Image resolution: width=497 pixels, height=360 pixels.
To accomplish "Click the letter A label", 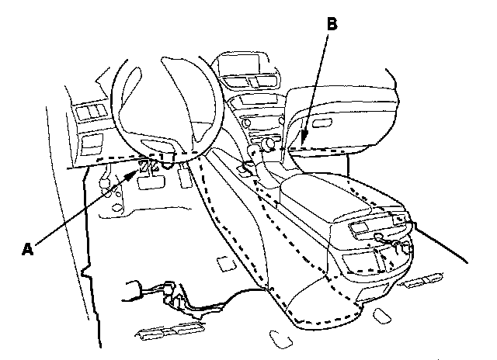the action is pyautogui.click(x=28, y=249).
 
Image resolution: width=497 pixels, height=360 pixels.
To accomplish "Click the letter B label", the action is pyautogui.click(x=332, y=24).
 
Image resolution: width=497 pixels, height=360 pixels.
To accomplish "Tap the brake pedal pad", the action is pyautogui.click(x=151, y=182).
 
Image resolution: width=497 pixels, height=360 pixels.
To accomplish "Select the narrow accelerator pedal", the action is pyautogui.click(x=185, y=177).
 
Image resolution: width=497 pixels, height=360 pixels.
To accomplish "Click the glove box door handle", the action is pyautogui.click(x=322, y=123).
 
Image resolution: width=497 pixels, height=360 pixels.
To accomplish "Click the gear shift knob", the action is pyautogui.click(x=253, y=149).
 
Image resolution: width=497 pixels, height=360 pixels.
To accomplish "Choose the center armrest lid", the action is pyautogui.click(x=326, y=196).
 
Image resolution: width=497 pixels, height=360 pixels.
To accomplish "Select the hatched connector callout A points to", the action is pyautogui.click(x=143, y=166).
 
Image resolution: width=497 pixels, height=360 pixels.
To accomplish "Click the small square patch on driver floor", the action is pyautogui.click(x=226, y=264).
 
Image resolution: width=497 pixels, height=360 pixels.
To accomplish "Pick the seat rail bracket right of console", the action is pyautogui.click(x=422, y=280).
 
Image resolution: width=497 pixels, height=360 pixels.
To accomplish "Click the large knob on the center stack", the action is pyautogui.click(x=269, y=144).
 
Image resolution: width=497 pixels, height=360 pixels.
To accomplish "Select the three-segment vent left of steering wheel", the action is pyautogui.click(x=92, y=112).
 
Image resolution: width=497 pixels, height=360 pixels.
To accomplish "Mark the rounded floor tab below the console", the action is pyautogui.click(x=280, y=339).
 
